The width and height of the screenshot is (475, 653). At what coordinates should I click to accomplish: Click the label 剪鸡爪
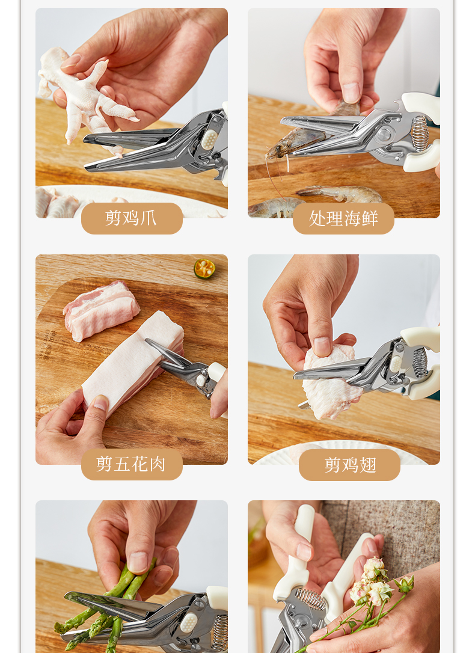point(131,218)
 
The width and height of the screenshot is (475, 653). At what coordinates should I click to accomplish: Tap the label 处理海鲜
point(343,218)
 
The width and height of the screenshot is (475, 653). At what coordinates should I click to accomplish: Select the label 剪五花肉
point(131,464)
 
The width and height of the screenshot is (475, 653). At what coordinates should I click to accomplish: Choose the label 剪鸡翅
point(350,465)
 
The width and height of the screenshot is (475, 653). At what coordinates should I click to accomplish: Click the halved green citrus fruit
point(204,269)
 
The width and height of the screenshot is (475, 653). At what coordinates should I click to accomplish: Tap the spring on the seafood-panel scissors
point(420,134)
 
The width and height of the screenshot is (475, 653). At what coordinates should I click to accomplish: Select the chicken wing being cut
point(331,381)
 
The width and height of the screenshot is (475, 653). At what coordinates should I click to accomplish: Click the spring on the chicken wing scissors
point(420,363)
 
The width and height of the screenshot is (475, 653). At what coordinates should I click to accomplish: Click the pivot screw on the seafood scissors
point(384,135)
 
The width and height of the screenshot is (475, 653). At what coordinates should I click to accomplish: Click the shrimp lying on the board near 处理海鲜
point(339,193)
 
